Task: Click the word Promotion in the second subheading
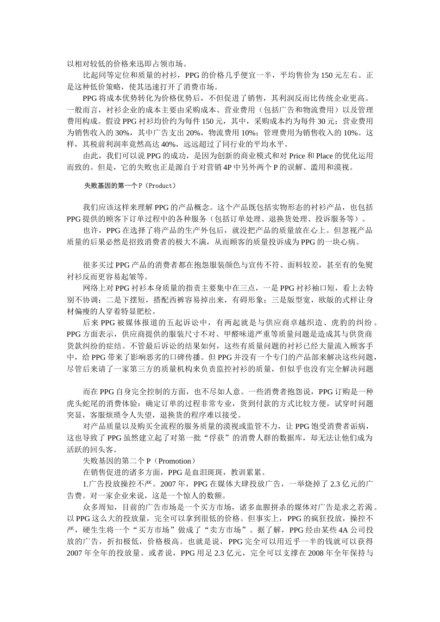[174, 461]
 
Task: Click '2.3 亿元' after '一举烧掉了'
[344, 484]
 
